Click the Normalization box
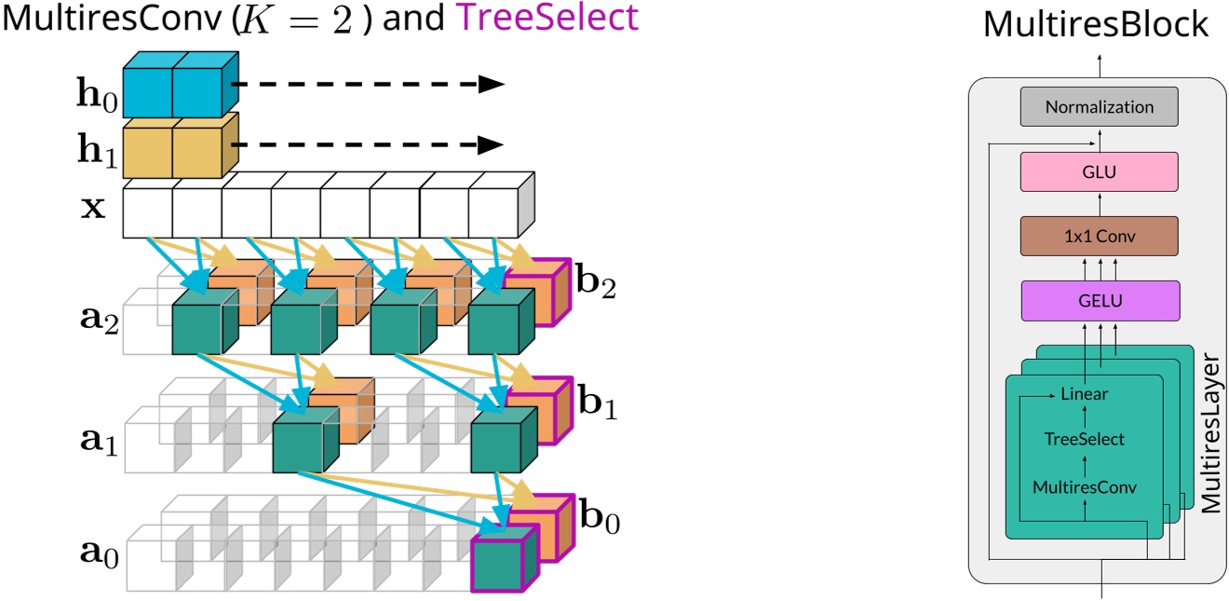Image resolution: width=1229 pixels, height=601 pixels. point(1099,107)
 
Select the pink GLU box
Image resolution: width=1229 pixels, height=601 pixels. point(1099,172)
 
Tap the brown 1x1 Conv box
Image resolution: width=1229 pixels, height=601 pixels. point(1099,236)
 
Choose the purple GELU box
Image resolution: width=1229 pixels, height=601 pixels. point(1099,301)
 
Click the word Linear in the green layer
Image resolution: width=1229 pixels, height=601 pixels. point(1084,394)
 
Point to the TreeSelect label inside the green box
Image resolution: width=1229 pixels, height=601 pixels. point(1084,439)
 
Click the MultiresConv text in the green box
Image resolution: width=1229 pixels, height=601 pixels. point(1084,486)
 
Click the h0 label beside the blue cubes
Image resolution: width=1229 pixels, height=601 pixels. point(97,94)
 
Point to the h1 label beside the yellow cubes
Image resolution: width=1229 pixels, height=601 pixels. point(97,149)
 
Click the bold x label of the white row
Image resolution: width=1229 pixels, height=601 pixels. point(93,206)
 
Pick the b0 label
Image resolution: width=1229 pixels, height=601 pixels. point(596,518)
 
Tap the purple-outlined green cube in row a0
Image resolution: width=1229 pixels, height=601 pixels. point(501,559)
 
